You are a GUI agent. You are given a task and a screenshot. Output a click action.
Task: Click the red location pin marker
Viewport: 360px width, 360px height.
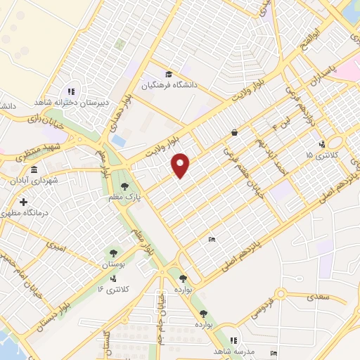click(181, 165)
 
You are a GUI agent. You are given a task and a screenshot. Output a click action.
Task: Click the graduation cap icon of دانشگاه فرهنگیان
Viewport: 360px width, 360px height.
click(168, 74)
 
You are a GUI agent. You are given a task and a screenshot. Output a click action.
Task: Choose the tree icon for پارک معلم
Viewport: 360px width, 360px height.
click(124, 187)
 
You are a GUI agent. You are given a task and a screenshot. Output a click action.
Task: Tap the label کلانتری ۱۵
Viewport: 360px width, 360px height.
click(321, 154)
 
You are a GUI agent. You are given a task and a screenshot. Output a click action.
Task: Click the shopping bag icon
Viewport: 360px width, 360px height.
click(233, 132)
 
